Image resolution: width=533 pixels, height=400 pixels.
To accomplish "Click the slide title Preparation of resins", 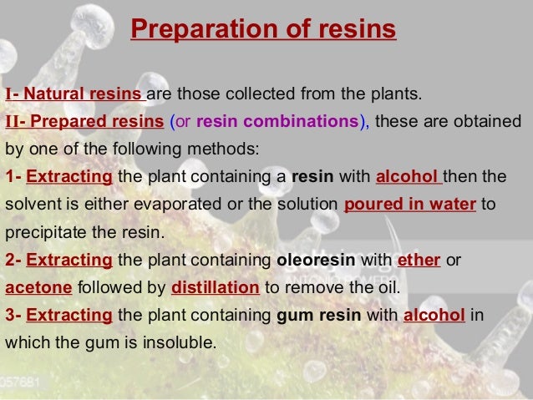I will coord(263,31).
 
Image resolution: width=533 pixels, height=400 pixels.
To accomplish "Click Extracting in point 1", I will coord(69,177).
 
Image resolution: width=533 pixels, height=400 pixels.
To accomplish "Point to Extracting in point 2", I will coord(69,259).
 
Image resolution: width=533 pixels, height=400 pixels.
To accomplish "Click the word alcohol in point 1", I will coord(407,177).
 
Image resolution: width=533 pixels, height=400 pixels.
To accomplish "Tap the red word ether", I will coord(419,259).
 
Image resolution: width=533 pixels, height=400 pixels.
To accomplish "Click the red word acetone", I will coord(38,287).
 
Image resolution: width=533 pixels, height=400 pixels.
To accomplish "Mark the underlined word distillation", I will coord(215,287).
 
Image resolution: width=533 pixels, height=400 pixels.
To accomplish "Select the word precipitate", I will coord(43,231).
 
